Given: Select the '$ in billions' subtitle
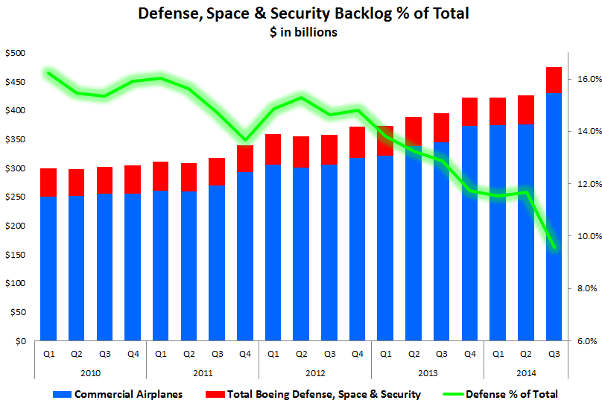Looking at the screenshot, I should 303,32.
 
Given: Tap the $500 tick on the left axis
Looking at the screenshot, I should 15,53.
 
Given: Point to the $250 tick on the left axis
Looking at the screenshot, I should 15,197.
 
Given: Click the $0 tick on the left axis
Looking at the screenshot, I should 19,341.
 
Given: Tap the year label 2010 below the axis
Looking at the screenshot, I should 90,372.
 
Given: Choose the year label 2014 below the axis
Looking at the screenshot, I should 525,372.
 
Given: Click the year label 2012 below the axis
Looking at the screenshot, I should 314,372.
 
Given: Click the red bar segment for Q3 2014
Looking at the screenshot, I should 554,80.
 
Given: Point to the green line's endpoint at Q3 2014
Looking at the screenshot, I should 554,247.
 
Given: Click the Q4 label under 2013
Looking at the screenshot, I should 469,355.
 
